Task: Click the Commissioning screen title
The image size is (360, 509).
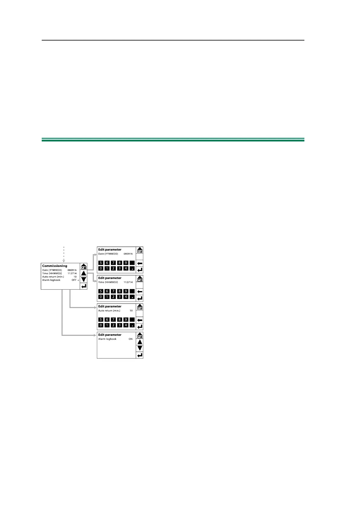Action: pyautogui.click(x=55, y=266)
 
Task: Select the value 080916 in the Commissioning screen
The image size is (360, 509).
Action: pyautogui.click(x=72, y=270)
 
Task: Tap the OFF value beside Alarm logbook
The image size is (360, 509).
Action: pyautogui.click(x=74, y=280)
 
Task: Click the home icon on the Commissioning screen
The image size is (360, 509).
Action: pyautogui.click(x=84, y=267)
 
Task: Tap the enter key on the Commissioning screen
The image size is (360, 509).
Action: pyautogui.click(x=84, y=286)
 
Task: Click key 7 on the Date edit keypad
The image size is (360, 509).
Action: pyautogui.click(x=113, y=263)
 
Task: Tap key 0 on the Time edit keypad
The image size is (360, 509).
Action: pyautogui.click(x=101, y=297)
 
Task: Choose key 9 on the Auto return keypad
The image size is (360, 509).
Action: pyautogui.click(x=126, y=319)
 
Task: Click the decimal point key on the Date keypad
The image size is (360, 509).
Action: pyautogui.click(x=132, y=268)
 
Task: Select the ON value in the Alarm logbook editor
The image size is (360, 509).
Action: pyautogui.click(x=131, y=339)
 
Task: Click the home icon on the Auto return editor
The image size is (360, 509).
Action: pyautogui.click(x=140, y=307)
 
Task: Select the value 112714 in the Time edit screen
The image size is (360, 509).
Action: pyautogui.click(x=128, y=282)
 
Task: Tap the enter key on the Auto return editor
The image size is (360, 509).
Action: pyautogui.click(x=140, y=326)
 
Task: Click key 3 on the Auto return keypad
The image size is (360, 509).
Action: pyautogui.click(x=119, y=325)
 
